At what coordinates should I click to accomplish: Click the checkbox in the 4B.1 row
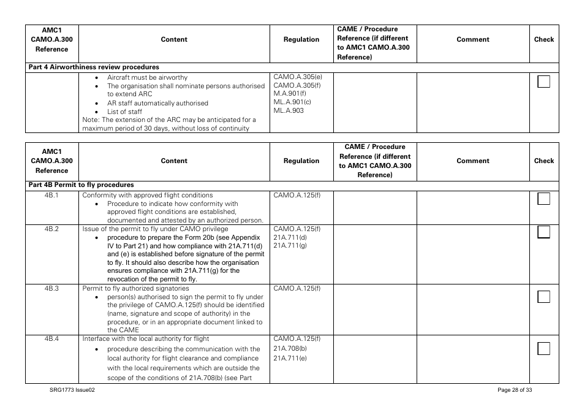coord(543,199)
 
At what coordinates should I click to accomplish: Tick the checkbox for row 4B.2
coord(543,232)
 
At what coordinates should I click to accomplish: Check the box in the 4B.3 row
coord(543,297)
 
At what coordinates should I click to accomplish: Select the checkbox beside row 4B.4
coord(543,349)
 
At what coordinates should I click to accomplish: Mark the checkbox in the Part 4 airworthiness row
coord(543,82)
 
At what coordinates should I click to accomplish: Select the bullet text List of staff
coord(124,112)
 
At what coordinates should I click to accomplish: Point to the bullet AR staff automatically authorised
coord(157,103)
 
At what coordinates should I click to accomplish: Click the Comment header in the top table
coord(473,39)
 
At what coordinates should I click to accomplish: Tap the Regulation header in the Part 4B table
coord(301,161)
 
